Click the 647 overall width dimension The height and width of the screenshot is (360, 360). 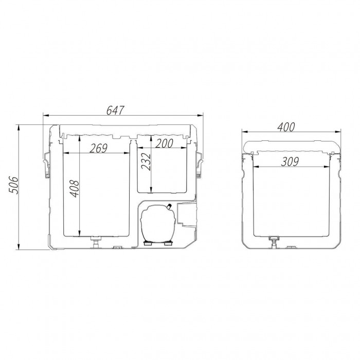(115, 110)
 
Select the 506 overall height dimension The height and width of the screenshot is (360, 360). (13, 185)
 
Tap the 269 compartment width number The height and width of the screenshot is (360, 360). (99, 148)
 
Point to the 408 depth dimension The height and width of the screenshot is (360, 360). (75, 189)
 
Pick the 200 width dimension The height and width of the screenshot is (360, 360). (164, 143)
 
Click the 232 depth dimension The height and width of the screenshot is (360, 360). (146, 161)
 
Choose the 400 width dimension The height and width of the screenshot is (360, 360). (286, 127)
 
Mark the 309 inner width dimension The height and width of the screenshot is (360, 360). (290, 161)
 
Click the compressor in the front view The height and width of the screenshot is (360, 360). (158, 223)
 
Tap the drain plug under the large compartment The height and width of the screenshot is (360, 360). (96, 242)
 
